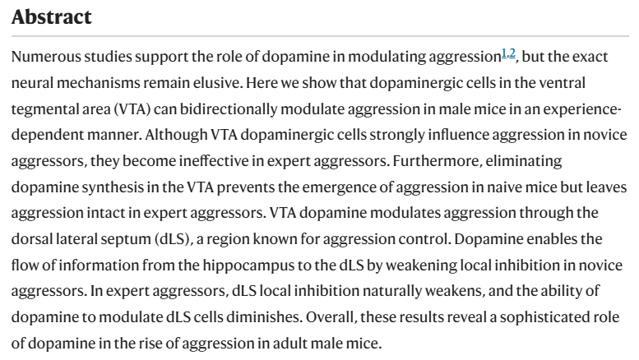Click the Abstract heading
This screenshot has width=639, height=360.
point(52,16)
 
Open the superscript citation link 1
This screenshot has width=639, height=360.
point(503,53)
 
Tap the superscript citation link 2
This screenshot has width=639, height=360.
point(512,53)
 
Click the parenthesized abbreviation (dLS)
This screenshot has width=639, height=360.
point(174,239)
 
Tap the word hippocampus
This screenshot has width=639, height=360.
point(248,265)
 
